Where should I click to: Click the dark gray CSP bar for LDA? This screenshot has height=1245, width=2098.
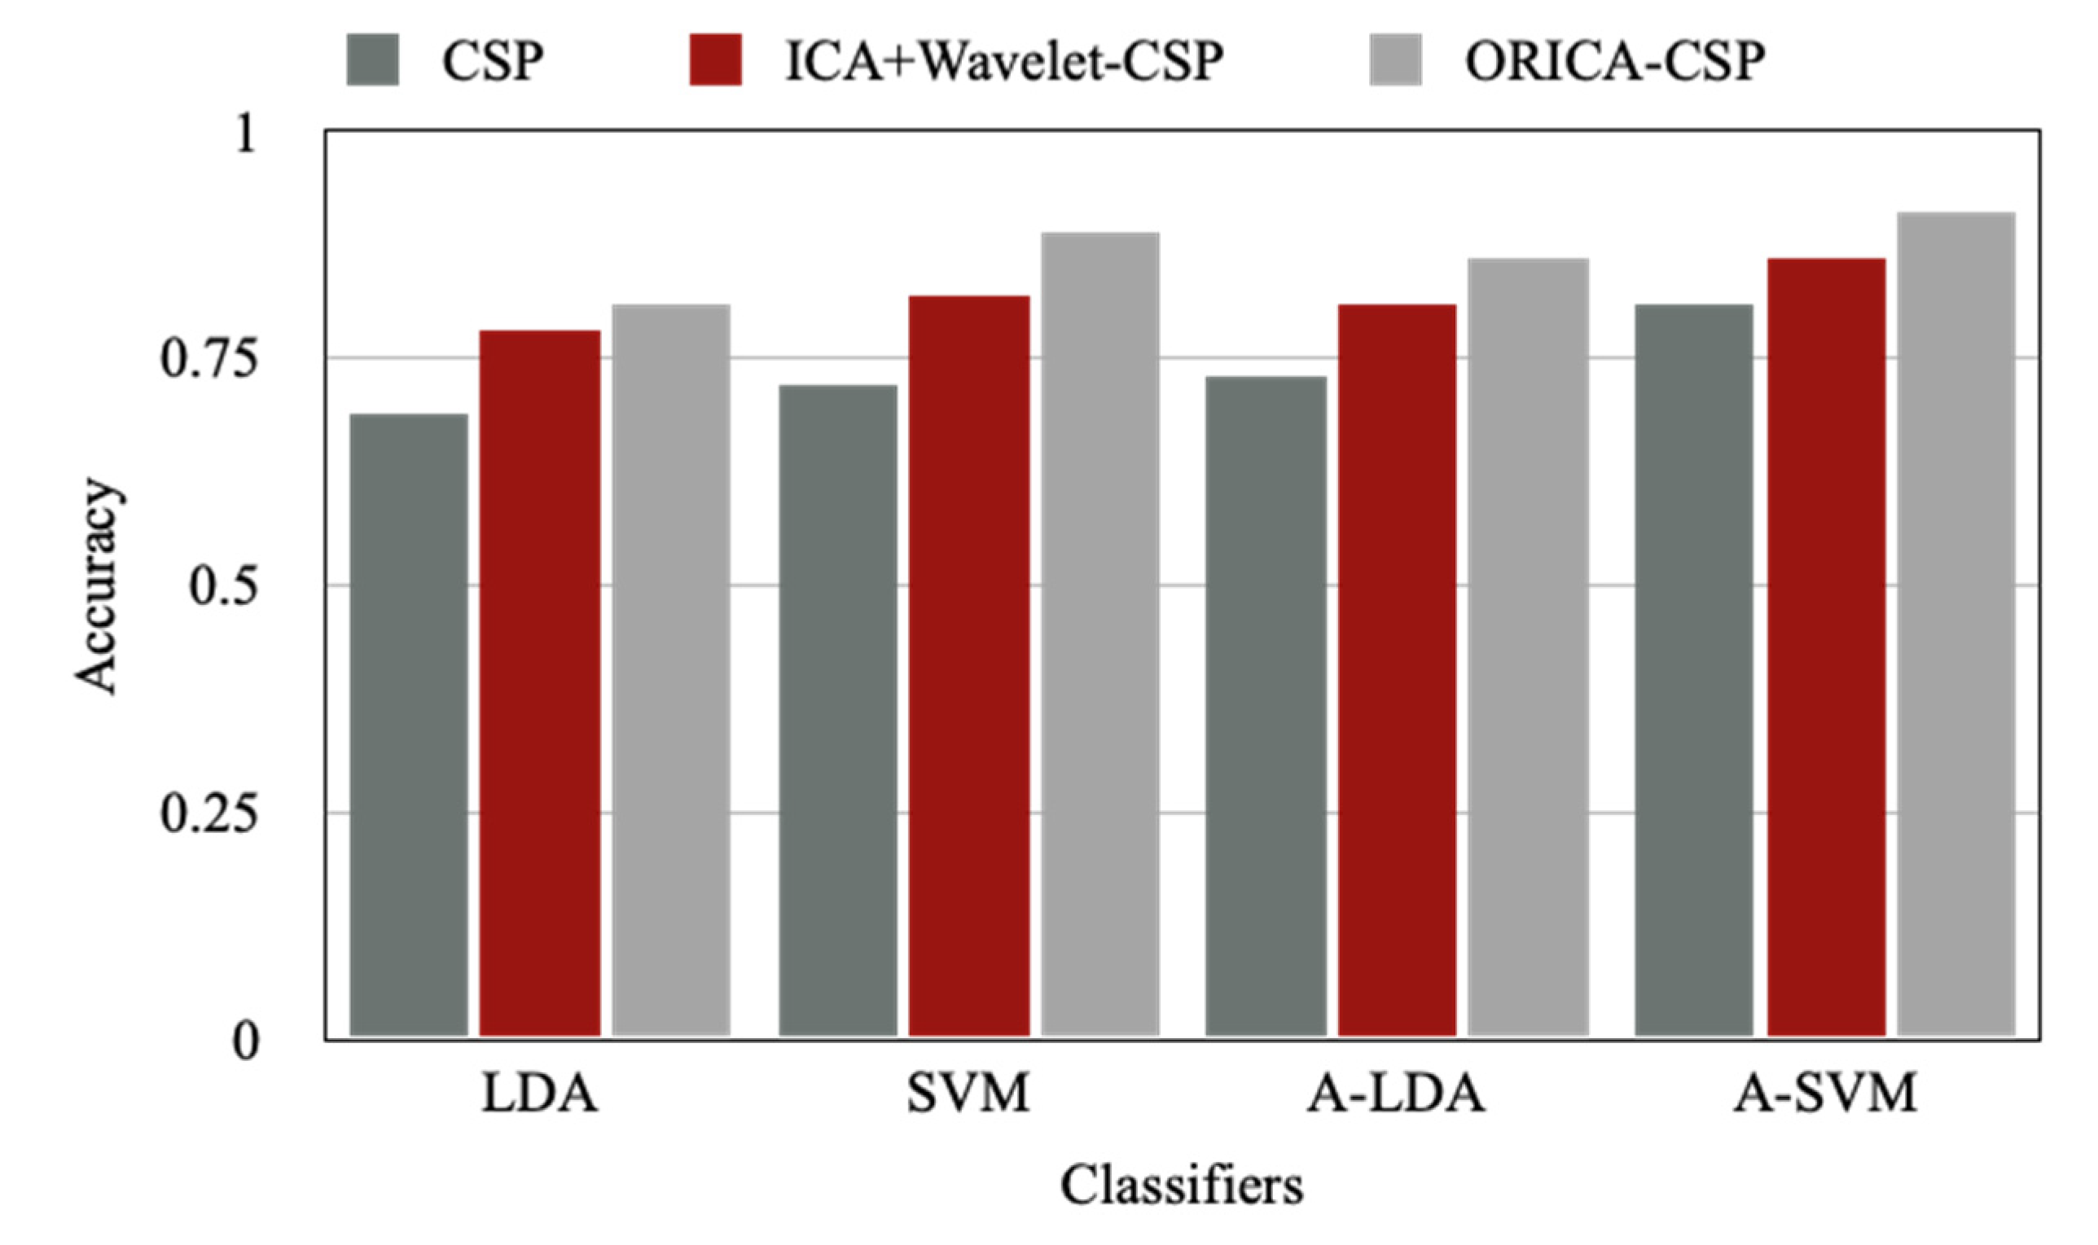coord(408,726)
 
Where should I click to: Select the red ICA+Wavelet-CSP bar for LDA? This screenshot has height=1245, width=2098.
coord(539,684)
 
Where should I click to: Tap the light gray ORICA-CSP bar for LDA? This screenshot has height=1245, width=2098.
coord(670,671)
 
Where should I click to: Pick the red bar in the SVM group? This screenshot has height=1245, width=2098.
coord(969,667)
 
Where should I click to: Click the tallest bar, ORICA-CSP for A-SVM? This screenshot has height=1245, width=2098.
coord(1956,625)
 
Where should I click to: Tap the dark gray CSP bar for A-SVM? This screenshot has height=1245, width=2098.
coord(1694,671)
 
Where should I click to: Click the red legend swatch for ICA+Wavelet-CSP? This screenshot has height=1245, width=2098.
coord(715,59)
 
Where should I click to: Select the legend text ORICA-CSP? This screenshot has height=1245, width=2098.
coord(1615,60)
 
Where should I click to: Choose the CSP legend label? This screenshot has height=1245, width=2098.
coord(494,60)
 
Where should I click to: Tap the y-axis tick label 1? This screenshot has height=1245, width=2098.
coord(244,134)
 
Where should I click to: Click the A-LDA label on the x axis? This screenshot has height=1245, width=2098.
coord(1396,1094)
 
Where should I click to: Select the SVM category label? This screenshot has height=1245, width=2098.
coord(968,1094)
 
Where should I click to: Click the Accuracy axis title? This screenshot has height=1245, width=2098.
coord(97,586)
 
